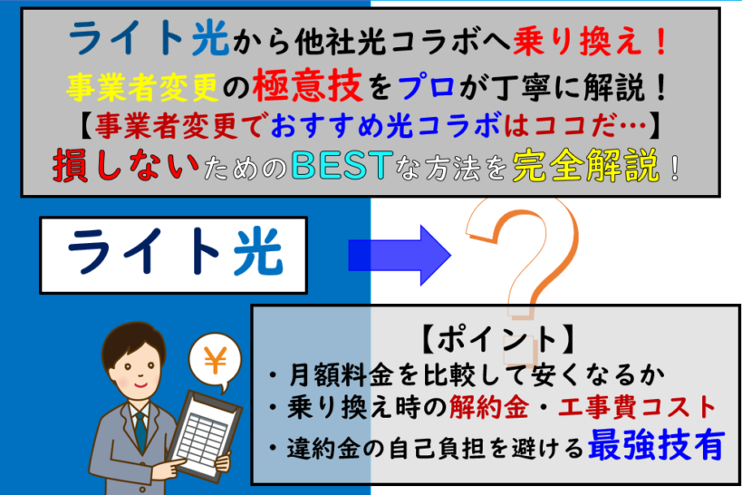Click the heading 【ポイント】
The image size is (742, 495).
tap(496, 339)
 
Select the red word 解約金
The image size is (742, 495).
tap(485, 405)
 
